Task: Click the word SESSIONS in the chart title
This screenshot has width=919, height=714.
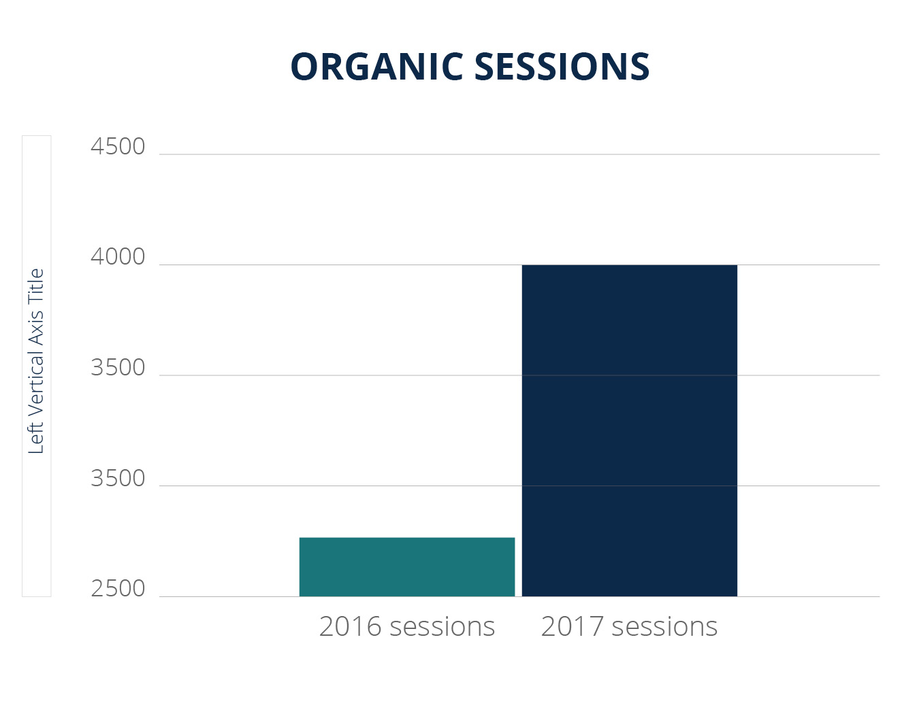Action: point(562,67)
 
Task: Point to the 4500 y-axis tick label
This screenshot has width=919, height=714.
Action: point(118,147)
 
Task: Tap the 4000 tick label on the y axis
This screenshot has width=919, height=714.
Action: point(118,257)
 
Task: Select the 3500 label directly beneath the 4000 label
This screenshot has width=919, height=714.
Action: point(118,368)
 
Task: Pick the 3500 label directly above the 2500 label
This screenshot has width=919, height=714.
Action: point(118,479)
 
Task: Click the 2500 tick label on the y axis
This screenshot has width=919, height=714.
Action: point(118,589)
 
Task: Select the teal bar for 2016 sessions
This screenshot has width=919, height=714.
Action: point(407,567)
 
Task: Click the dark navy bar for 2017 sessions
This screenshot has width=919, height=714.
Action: point(629,430)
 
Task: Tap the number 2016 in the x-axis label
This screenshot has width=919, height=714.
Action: point(350,627)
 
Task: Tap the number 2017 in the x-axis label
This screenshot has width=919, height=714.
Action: point(572,627)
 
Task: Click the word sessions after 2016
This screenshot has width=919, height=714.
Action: point(442,627)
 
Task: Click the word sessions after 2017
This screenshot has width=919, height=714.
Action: point(664,627)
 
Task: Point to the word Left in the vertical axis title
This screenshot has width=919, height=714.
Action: point(36,439)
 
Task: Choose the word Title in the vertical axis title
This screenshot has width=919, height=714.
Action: point(36,285)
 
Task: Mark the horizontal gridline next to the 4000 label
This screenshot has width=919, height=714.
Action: point(340,265)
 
